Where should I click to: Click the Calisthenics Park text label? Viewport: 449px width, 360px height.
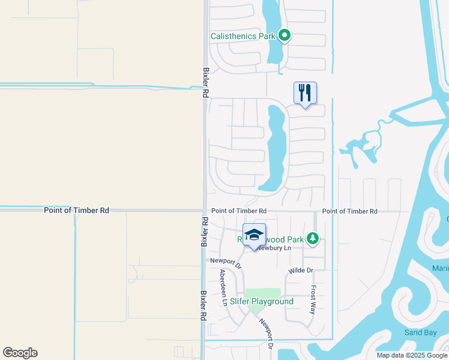pyautogui.click(x=243, y=37)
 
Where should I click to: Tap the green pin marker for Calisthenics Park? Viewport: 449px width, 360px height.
pyautogui.click(x=286, y=36)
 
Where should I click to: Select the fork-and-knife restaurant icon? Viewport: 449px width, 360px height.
pyautogui.click(x=305, y=92)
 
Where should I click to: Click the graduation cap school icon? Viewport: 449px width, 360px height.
pyautogui.click(x=254, y=235)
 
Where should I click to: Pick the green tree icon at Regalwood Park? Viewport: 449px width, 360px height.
pyautogui.click(x=312, y=239)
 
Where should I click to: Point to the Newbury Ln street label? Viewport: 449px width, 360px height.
pyautogui.click(x=274, y=248)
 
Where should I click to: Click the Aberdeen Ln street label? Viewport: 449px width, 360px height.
pyautogui.click(x=223, y=288)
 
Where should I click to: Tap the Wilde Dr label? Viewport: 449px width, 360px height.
pyautogui.click(x=301, y=271)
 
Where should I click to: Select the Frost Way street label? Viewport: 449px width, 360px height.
pyautogui.click(x=313, y=299)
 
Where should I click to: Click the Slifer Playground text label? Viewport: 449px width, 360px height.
pyautogui.click(x=262, y=301)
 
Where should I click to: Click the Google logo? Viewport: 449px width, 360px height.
pyautogui.click(x=20, y=353)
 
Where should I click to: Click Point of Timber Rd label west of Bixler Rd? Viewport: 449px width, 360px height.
pyautogui.click(x=76, y=211)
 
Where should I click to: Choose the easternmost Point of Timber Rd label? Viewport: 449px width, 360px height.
pyautogui.click(x=349, y=211)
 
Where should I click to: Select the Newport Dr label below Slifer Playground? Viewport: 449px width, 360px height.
pyautogui.click(x=266, y=333)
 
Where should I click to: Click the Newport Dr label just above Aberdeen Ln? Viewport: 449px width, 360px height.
pyautogui.click(x=226, y=262)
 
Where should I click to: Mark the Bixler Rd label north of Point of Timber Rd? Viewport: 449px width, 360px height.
pyautogui.click(x=205, y=82)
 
